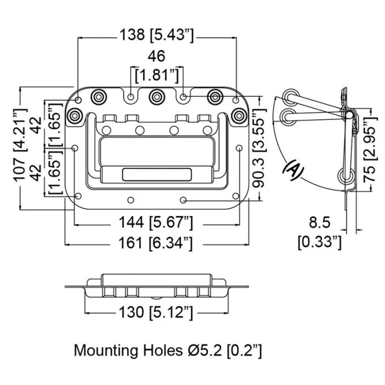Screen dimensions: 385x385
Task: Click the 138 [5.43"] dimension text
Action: coord(157,35)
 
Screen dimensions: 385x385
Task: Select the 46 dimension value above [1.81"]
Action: coord(157,56)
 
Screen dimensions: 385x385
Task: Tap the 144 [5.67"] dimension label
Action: coord(156,223)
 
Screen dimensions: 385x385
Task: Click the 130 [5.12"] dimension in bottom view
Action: coord(156,312)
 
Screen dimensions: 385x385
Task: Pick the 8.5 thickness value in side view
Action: coord(319,222)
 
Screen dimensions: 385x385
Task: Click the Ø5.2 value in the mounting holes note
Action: coord(204,350)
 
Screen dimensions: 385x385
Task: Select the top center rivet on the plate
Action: coord(157,97)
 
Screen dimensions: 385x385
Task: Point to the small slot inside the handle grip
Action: coord(157,174)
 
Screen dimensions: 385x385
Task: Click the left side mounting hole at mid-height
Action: coord(75,148)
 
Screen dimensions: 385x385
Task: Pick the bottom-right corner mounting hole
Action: coord(236,196)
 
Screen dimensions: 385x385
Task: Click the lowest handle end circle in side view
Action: coord(346,176)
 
